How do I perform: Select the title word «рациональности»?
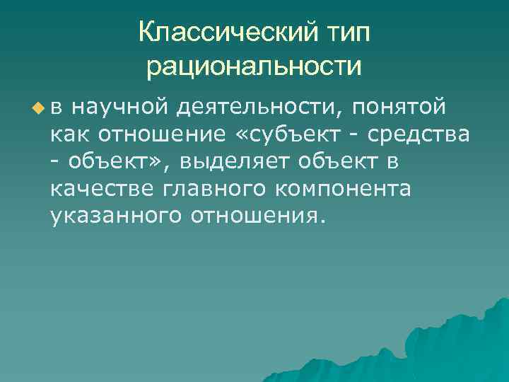tap(255, 66)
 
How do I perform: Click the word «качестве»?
tap(103, 188)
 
